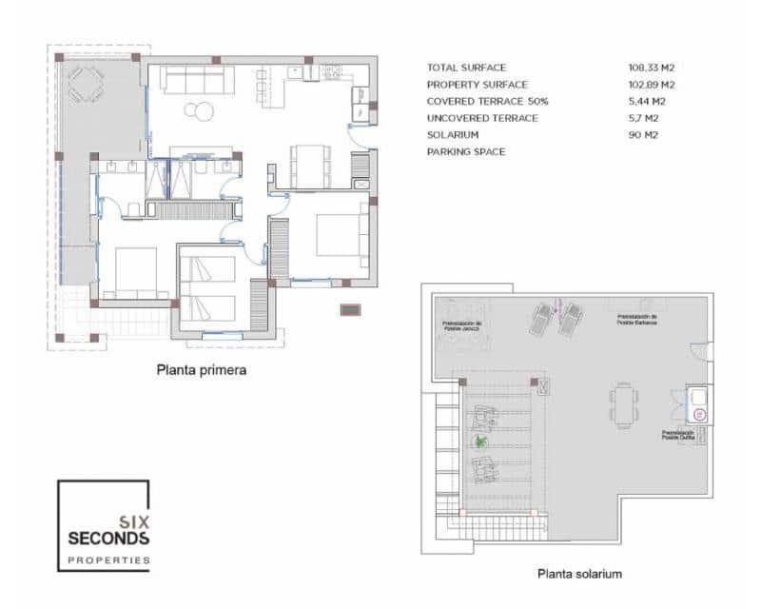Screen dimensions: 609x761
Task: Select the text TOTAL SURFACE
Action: (x=466, y=68)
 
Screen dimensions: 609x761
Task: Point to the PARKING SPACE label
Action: (x=466, y=152)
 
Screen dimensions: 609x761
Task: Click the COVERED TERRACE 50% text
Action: (x=487, y=101)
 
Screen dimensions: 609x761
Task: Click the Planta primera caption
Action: (x=202, y=371)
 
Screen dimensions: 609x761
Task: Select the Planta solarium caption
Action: (x=579, y=574)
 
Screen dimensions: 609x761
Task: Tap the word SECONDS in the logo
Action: (x=108, y=539)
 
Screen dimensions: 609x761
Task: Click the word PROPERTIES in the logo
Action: (x=108, y=560)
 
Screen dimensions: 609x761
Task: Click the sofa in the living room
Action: (x=197, y=80)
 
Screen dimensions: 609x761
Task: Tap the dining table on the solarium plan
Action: (x=623, y=404)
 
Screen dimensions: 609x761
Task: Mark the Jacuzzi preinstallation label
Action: (x=461, y=325)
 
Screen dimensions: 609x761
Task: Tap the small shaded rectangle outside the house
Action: (x=350, y=309)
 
